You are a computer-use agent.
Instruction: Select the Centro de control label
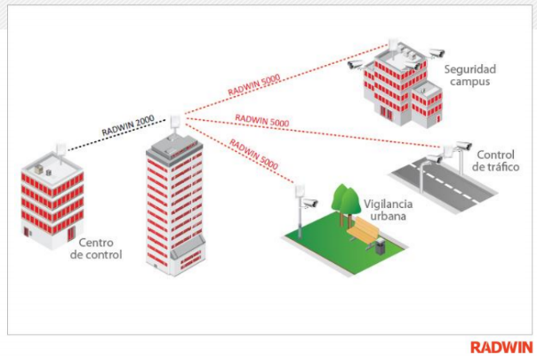coord(95,248)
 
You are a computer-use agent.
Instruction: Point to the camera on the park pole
coord(309,204)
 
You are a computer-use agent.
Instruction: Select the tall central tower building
coord(176,209)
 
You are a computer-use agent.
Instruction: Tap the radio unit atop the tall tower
coord(175,120)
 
